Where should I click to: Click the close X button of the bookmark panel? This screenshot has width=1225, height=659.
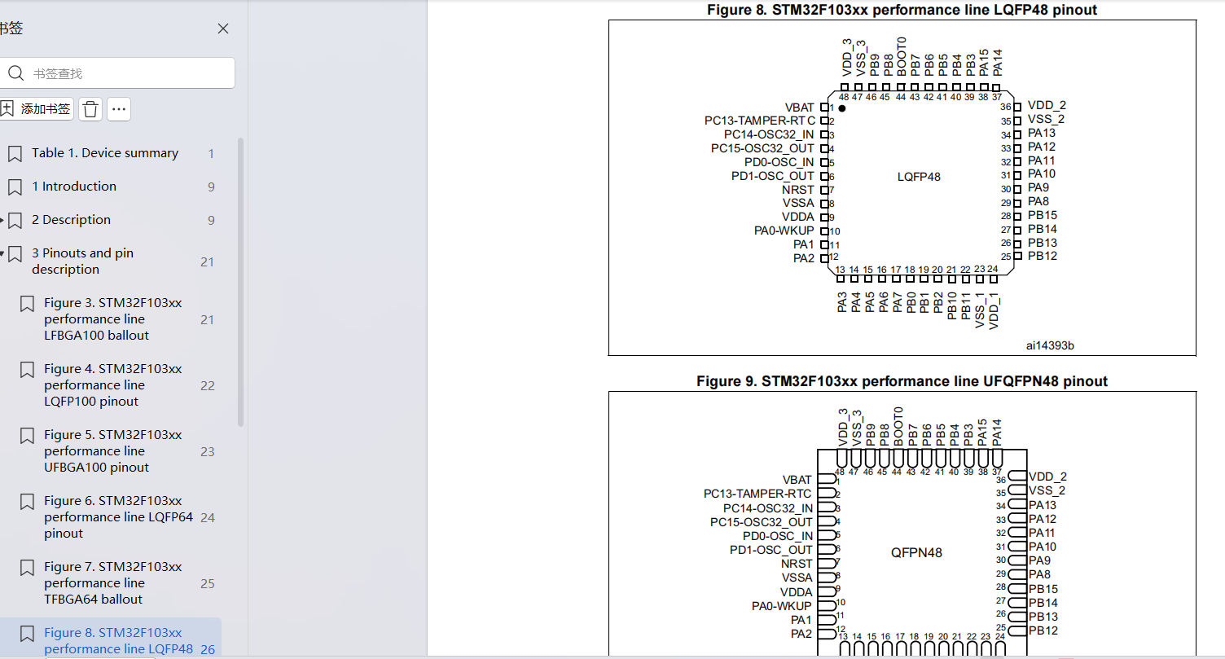pos(223,29)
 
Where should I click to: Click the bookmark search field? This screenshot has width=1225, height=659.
pos(117,73)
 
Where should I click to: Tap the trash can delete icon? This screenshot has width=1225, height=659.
pos(90,109)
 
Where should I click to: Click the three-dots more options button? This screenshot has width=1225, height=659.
pos(119,109)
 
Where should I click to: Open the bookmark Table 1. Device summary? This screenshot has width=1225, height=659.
pos(105,153)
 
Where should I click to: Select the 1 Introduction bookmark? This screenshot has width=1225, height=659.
pos(74,187)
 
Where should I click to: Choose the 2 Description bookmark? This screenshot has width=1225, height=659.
pos(71,220)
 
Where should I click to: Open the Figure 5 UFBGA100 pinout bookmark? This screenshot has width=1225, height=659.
pos(112,451)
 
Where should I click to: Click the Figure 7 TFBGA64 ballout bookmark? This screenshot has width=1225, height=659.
pos(112,583)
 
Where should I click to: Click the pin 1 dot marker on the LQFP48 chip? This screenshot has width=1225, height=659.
pos(842,108)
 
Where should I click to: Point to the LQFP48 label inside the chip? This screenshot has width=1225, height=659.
pos(919,178)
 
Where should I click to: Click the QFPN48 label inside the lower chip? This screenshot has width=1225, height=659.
pos(916,553)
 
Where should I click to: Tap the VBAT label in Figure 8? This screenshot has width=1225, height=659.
pos(800,108)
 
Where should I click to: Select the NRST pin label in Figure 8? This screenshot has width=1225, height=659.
pos(798,190)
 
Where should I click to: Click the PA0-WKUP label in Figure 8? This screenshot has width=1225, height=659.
pos(784,231)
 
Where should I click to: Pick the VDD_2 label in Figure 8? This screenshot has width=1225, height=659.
pos(1047,106)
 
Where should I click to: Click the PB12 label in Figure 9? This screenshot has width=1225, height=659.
pos(1043,630)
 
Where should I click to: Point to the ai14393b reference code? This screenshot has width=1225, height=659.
pos(1050,345)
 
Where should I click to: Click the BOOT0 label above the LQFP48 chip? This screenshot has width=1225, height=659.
pos(902,57)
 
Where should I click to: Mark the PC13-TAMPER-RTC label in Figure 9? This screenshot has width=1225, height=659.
pos(757,494)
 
